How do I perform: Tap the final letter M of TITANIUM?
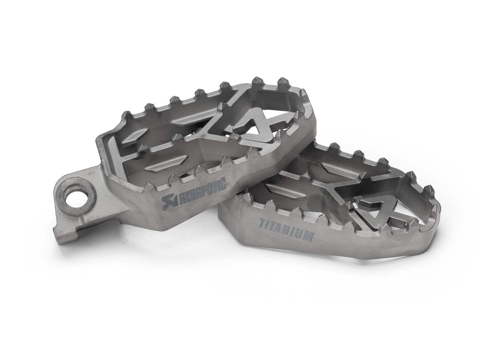pos(309,236)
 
